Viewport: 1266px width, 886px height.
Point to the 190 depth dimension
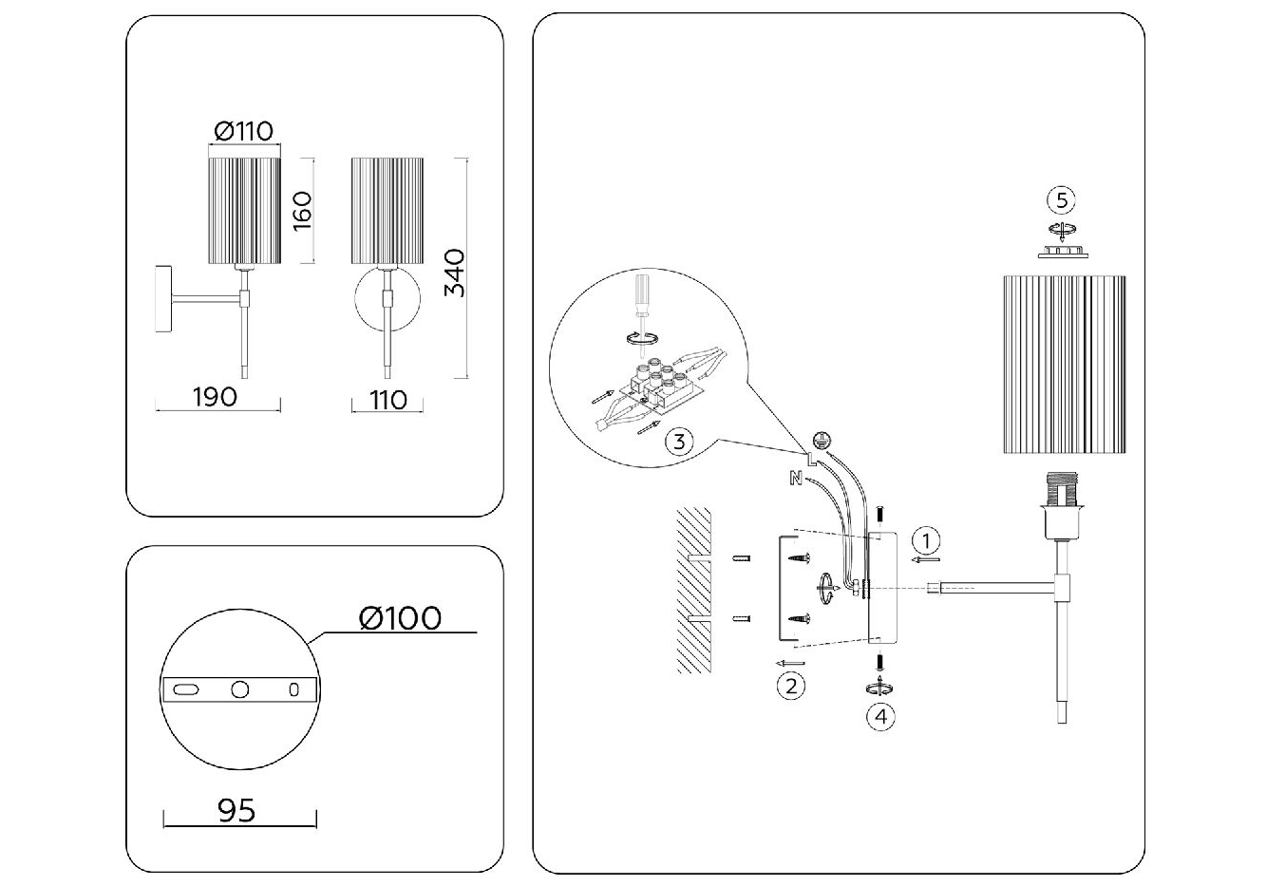click(215, 395)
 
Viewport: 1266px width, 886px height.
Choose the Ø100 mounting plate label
click(400, 618)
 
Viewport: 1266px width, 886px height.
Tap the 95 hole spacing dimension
click(237, 811)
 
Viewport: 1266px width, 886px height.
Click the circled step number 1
click(926, 541)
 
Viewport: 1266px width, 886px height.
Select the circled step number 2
click(791, 684)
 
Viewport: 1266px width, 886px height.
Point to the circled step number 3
click(677, 441)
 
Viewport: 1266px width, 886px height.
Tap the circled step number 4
click(880, 716)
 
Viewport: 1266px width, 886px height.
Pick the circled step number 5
click(1061, 199)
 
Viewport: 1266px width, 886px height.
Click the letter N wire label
click(793, 479)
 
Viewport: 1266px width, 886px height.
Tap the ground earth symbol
click(823, 441)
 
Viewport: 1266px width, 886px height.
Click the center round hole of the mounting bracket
click(239, 689)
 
